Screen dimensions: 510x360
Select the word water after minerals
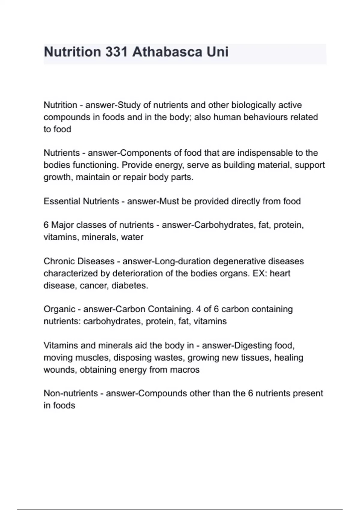pyautogui.click(x=132, y=237)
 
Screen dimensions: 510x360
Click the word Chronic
pyautogui.click(x=59, y=261)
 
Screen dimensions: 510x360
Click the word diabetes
pyautogui.click(x=130, y=286)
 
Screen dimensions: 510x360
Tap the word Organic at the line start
pyautogui.click(x=59, y=309)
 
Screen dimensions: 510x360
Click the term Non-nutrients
pyautogui.click(x=71, y=393)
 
